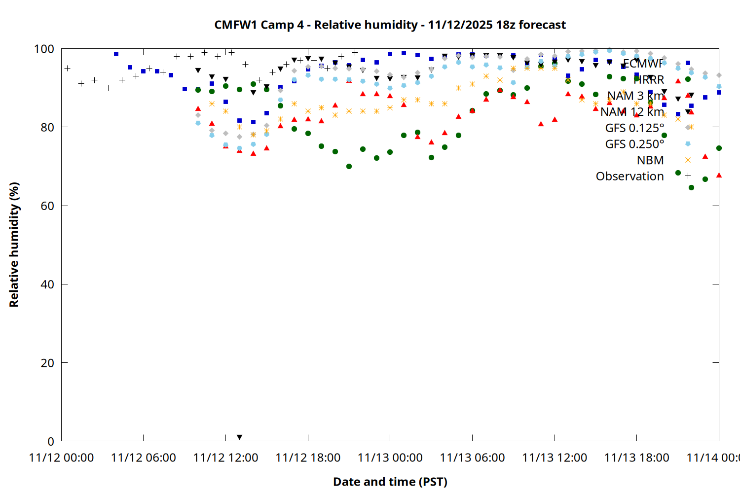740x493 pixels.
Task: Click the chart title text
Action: click(390, 25)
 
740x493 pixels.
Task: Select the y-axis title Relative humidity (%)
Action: click(14, 245)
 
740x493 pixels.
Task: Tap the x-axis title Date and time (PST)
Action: click(390, 482)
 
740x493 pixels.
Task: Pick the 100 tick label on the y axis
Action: click(43, 49)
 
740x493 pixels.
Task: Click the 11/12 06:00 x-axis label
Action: click(144, 458)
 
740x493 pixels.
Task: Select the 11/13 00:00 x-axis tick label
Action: click(390, 458)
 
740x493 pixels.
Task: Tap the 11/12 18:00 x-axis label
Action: click(308, 458)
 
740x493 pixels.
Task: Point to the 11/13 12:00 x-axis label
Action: click(555, 458)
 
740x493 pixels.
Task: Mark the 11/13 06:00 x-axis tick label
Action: click(472, 458)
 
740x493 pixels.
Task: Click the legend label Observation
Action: click(629, 176)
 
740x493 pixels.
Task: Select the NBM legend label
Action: click(650, 160)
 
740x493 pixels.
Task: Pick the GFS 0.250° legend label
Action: click(634, 144)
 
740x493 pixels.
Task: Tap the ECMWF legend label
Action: click(643, 63)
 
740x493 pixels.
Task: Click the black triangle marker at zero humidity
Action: click(239, 437)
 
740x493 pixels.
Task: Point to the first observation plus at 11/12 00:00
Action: click(67, 68)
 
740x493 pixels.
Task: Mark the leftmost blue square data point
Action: click(116, 54)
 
